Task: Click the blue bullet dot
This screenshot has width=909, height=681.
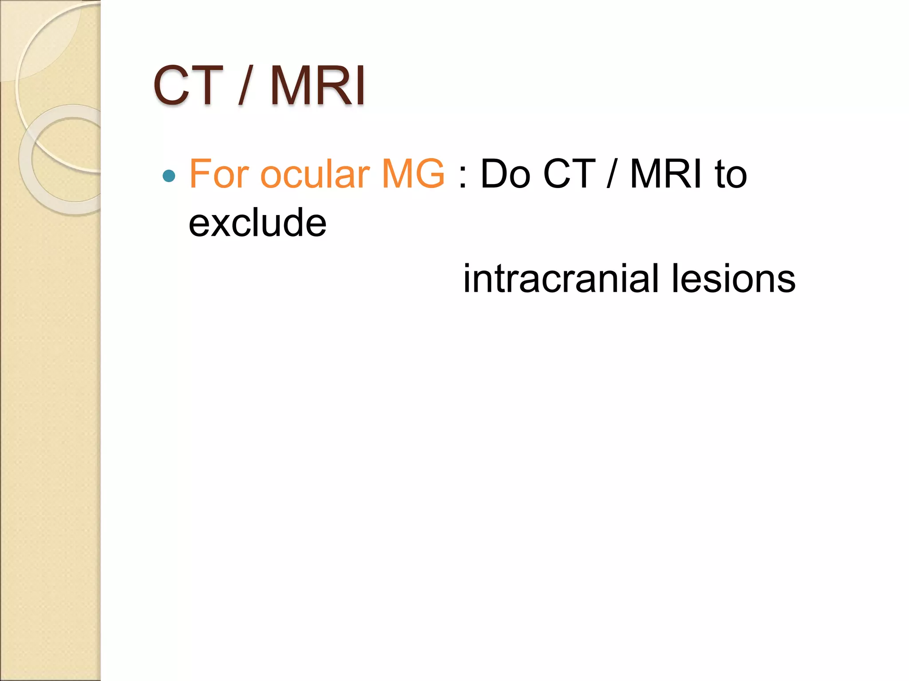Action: coord(169,176)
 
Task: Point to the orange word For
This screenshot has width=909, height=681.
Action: coord(219,174)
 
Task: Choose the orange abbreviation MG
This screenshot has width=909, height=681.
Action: coord(413,174)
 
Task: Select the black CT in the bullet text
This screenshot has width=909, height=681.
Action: coord(569,174)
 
